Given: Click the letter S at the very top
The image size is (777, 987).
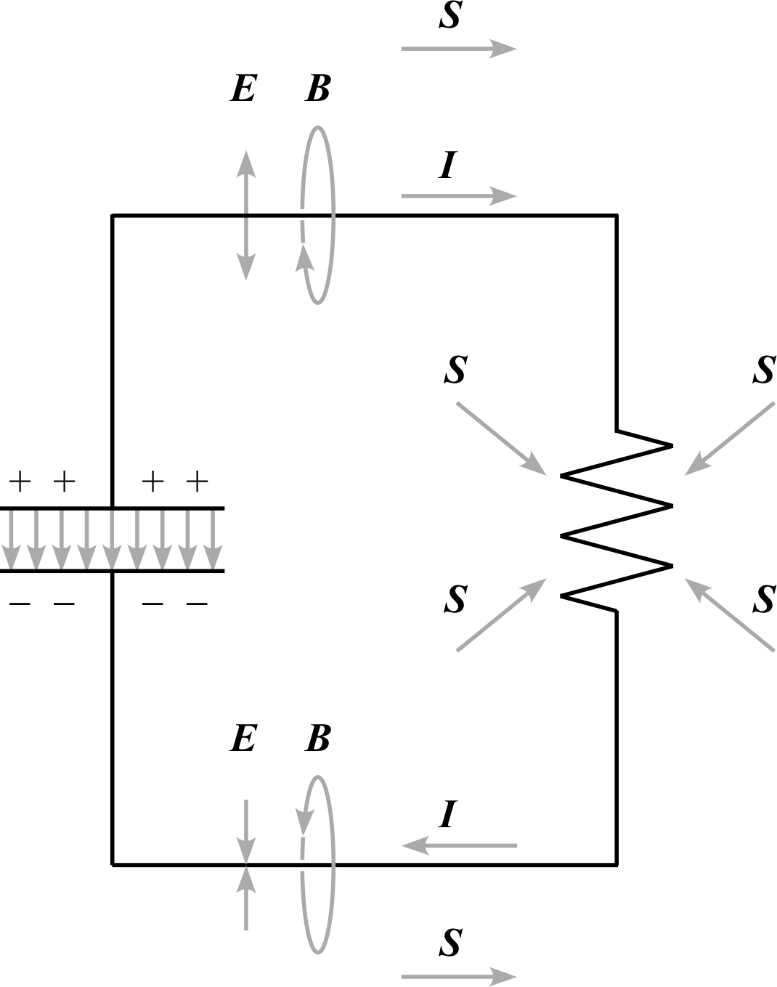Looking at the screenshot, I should tap(450, 15).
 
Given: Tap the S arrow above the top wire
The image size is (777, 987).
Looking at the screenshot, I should tap(458, 49).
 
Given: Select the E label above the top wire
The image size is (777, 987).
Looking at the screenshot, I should tap(243, 89).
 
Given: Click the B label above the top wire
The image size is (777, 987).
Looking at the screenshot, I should tap(317, 89).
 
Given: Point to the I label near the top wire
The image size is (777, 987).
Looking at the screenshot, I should tap(448, 165).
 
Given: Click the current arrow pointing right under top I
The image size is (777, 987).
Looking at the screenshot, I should tap(458, 196).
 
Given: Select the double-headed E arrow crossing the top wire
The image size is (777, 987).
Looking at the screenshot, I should tap(247, 215).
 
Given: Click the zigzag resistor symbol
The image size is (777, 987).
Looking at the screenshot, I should tap(617, 521).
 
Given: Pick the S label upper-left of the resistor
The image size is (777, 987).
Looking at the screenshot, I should tap(455, 370).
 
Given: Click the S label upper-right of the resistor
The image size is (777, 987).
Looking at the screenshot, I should tap(763, 370).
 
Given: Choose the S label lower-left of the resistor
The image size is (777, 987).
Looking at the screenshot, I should tap(455, 600).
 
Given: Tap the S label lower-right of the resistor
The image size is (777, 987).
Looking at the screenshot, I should tap(763, 600).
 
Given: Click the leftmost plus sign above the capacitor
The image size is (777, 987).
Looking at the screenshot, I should tap(20, 480).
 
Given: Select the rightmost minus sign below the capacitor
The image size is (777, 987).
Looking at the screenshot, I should tap(197, 604).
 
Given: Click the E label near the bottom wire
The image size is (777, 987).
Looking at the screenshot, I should tap(243, 739).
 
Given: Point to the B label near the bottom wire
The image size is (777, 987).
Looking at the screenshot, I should tap(317, 739).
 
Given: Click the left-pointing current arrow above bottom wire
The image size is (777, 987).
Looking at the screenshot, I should tap(458, 845).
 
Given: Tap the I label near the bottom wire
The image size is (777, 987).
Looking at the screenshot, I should tap(448, 814).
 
